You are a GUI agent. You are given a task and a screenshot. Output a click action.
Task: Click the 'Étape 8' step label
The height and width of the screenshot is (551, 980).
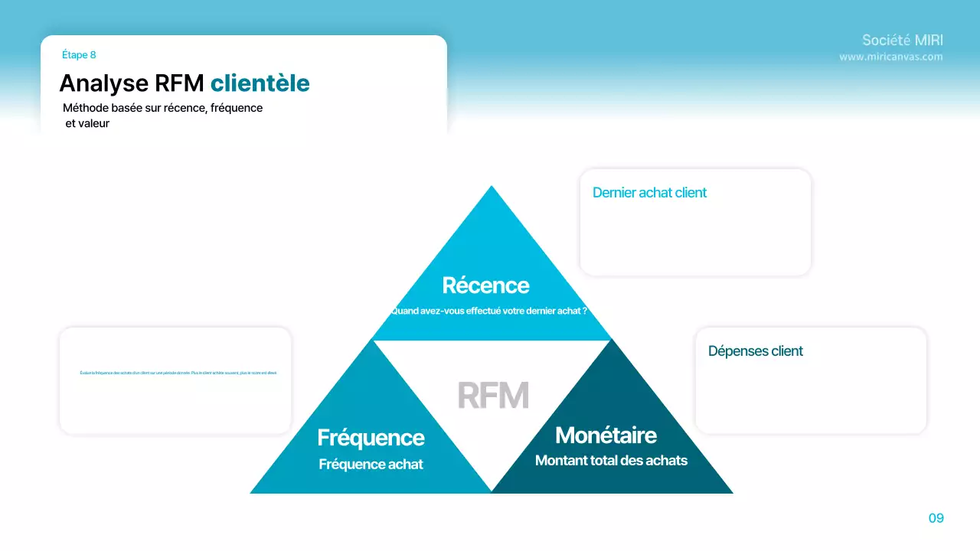click(x=79, y=55)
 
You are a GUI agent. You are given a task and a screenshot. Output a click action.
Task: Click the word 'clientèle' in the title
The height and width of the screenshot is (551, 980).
click(x=260, y=83)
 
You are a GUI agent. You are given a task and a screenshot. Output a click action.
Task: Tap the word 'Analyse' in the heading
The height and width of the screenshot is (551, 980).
click(x=103, y=83)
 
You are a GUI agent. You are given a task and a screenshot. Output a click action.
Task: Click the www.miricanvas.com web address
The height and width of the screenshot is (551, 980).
click(x=890, y=57)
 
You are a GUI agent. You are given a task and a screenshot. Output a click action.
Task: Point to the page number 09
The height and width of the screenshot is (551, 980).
click(x=936, y=518)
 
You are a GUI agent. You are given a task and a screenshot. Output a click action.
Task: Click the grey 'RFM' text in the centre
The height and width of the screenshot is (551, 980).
click(x=493, y=396)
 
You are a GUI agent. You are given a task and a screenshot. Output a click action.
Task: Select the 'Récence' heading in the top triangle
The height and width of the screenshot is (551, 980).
click(x=485, y=285)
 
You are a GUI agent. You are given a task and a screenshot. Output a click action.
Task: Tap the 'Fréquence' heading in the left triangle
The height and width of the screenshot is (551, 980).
click(x=371, y=438)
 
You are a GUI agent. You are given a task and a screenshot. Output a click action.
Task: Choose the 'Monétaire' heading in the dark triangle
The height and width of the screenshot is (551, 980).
click(x=606, y=435)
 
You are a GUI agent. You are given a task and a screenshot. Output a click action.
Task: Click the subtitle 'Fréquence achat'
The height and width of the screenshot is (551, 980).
click(x=371, y=465)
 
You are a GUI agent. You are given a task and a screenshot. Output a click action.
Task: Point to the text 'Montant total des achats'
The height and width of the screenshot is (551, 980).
click(x=611, y=461)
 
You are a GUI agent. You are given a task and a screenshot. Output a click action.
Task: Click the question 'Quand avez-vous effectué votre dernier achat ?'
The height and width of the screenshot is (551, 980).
click(x=488, y=311)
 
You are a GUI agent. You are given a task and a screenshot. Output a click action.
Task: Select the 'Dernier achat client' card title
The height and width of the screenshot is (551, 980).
click(x=649, y=193)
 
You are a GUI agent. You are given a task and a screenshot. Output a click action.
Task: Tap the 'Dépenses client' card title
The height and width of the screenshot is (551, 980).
click(x=755, y=351)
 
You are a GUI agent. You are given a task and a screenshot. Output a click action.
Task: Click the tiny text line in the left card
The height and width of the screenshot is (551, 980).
click(x=178, y=373)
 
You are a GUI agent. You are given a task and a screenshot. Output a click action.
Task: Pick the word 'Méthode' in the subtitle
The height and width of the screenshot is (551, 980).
click(x=86, y=108)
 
